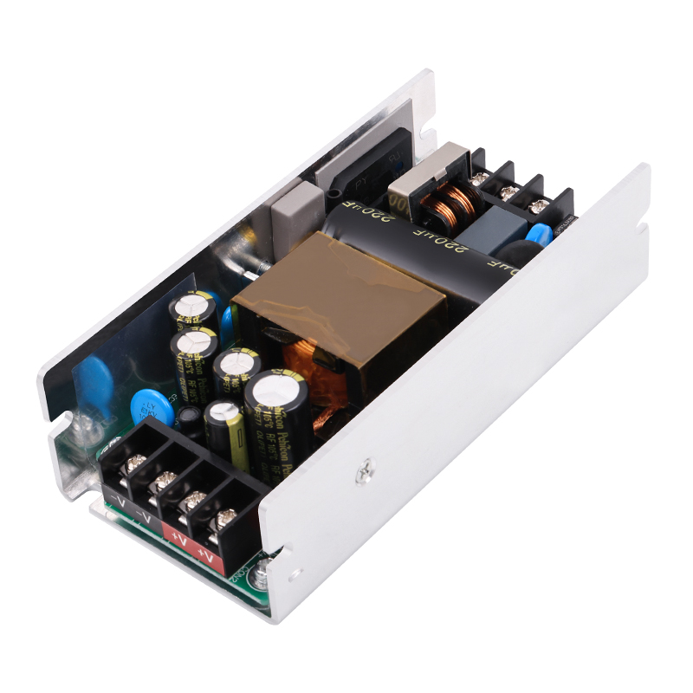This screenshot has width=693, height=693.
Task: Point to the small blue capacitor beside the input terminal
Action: (x=540, y=235)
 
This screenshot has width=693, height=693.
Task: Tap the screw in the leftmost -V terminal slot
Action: (x=134, y=464)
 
